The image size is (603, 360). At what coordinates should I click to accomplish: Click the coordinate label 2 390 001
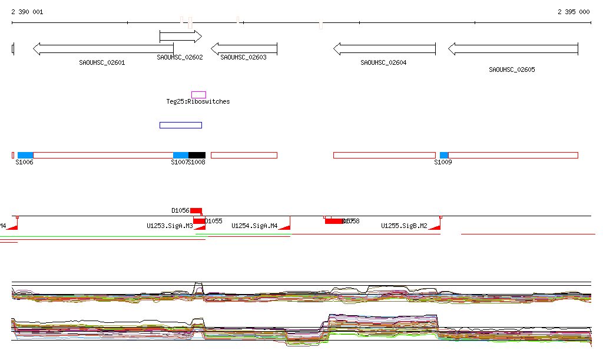click(27, 12)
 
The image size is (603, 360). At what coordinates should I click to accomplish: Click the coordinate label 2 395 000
click(573, 12)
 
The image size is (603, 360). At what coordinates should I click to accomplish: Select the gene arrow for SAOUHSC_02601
click(103, 49)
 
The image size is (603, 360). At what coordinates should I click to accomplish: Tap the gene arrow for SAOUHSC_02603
click(244, 49)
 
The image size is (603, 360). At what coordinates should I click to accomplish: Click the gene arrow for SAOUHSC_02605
click(512, 49)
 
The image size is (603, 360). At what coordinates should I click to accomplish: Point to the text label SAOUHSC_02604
click(383, 62)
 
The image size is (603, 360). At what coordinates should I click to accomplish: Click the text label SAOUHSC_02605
click(512, 70)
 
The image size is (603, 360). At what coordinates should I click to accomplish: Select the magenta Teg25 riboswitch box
click(198, 94)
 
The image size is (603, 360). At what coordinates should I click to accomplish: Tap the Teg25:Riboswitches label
click(198, 102)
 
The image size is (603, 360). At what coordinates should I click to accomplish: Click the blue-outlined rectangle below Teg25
click(181, 125)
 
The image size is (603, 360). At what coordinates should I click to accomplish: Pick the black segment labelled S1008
click(197, 155)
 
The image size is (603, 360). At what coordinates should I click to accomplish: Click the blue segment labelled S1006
click(25, 155)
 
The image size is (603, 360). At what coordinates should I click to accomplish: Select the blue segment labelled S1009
click(444, 155)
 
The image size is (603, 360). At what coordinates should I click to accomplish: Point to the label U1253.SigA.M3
click(170, 226)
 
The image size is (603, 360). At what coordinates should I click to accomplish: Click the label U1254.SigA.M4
click(254, 226)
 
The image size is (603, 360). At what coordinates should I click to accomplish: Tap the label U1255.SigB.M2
click(404, 226)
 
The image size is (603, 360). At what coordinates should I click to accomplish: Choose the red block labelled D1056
click(196, 210)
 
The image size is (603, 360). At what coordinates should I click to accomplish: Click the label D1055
click(213, 222)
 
